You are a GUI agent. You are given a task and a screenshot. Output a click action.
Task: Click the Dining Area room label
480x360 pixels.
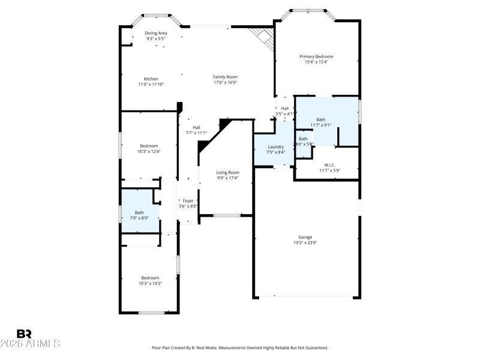click(155, 33)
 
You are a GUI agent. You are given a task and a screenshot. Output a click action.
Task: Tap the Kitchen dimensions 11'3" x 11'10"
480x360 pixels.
click(151, 85)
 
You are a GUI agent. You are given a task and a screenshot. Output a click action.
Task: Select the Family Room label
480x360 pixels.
click(225, 77)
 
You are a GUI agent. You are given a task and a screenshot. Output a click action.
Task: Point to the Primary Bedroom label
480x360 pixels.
click(316, 56)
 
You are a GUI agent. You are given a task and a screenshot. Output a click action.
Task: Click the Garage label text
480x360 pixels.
click(305, 237)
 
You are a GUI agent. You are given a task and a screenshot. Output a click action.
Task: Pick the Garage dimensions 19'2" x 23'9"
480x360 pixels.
click(305, 243)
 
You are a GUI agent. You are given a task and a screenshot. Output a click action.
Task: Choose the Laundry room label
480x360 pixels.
click(275, 147)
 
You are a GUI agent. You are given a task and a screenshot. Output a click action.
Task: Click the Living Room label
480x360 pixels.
click(227, 173)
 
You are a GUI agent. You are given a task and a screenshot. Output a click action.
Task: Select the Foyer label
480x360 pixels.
click(188, 201)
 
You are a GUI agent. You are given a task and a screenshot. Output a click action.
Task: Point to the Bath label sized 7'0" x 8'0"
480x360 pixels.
click(139, 212)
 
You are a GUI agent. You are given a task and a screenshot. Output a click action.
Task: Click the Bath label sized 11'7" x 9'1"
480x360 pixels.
click(321, 119)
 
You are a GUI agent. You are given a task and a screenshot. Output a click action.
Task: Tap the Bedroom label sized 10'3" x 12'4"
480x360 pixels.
click(149, 146)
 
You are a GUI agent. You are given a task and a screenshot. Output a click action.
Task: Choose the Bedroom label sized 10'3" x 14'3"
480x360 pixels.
click(150, 278)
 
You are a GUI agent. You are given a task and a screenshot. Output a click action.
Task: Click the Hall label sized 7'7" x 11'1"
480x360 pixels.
click(196, 127)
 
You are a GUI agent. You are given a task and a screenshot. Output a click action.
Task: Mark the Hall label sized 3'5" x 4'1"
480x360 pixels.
click(285, 109)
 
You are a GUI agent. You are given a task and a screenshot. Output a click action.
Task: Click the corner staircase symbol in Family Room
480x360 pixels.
click(263, 37)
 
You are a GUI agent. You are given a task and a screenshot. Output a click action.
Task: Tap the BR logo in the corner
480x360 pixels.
click(24, 334)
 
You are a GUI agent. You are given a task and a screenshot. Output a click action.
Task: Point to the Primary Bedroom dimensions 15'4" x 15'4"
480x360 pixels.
click(316, 62)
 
